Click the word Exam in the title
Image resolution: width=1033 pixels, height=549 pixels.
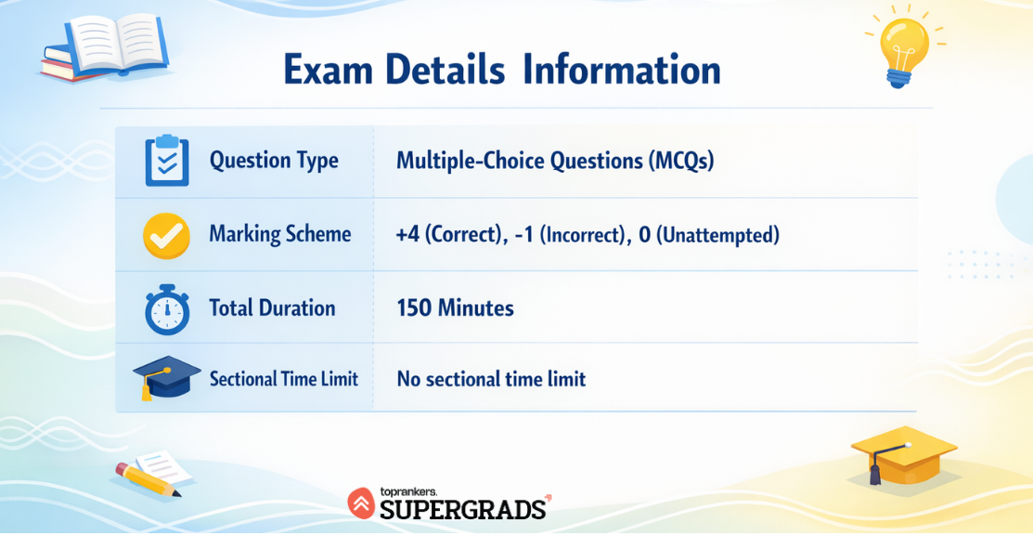pyautogui.click(x=328, y=69)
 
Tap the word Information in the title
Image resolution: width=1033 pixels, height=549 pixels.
pyautogui.click(x=621, y=69)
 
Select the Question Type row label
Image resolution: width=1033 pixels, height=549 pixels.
pyautogui.click(x=274, y=161)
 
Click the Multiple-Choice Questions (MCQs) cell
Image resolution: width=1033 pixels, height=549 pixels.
pyautogui.click(x=555, y=161)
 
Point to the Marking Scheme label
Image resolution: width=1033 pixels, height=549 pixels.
pyautogui.click(x=280, y=235)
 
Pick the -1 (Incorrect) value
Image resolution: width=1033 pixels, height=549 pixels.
pyautogui.click(x=572, y=235)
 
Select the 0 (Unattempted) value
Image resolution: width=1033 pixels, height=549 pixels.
pyautogui.click(x=709, y=235)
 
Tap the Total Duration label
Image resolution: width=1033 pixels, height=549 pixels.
pyautogui.click(x=272, y=307)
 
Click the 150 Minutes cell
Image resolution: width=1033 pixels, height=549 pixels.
pyautogui.click(x=455, y=307)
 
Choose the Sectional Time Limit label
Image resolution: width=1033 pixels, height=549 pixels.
pyautogui.click(x=284, y=379)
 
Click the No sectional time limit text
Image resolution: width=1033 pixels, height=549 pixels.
pyautogui.click(x=491, y=379)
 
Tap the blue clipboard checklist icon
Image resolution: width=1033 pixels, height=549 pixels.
pyautogui.click(x=167, y=160)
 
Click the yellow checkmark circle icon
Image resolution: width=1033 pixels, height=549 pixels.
pyautogui.click(x=167, y=235)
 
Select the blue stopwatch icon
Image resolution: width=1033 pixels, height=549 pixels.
pyautogui.click(x=167, y=309)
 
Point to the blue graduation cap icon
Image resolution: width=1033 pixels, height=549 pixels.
pyautogui.click(x=167, y=378)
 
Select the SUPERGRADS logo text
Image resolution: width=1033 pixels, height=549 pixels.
pyautogui.click(x=463, y=509)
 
